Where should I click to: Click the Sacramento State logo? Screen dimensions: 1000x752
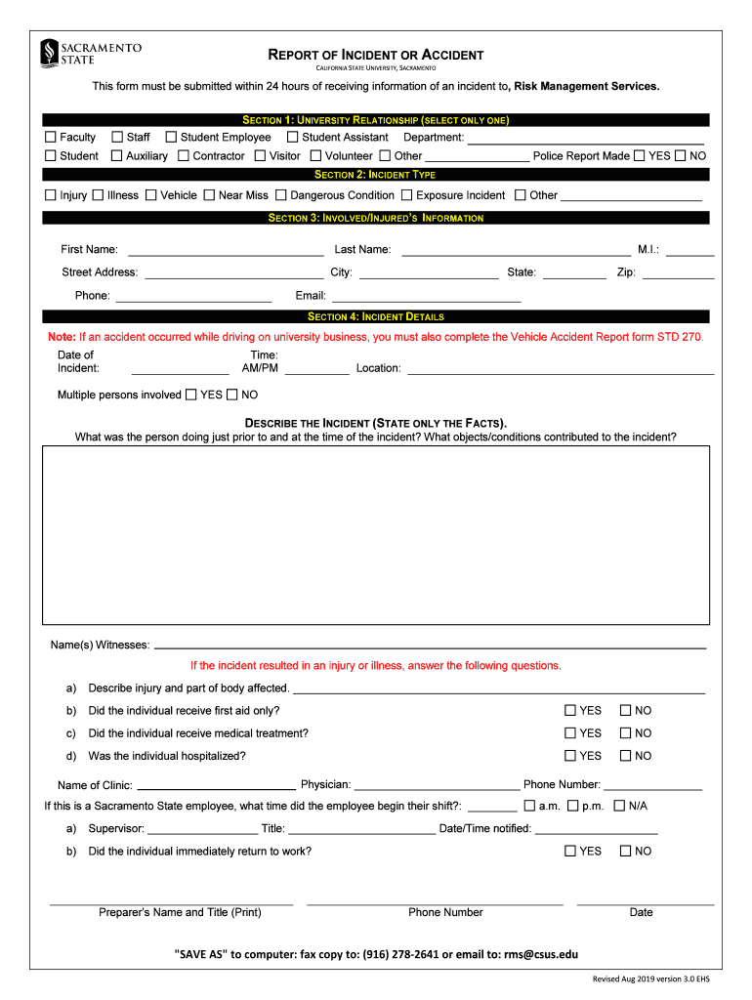[91, 54]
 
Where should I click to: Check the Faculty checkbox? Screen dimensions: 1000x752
[51, 138]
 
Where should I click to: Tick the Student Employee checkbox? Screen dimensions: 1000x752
[171, 138]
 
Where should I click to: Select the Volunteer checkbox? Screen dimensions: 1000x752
[316, 156]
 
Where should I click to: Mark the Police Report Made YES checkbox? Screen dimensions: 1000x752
[639, 156]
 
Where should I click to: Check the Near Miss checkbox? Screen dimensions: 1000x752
[209, 195]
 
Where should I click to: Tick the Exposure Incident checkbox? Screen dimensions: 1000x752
[407, 195]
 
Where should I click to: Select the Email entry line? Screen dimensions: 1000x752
[426, 298]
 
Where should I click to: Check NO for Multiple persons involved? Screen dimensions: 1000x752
[232, 396]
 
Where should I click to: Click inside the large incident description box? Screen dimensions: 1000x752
[376, 535]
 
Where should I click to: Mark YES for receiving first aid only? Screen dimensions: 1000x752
[570, 711]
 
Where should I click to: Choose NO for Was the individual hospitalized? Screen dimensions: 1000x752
[626, 756]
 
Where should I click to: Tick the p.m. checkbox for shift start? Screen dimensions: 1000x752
[573, 807]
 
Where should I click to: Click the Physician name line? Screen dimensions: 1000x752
[437, 786]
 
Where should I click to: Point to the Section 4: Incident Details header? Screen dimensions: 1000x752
[376, 316]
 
